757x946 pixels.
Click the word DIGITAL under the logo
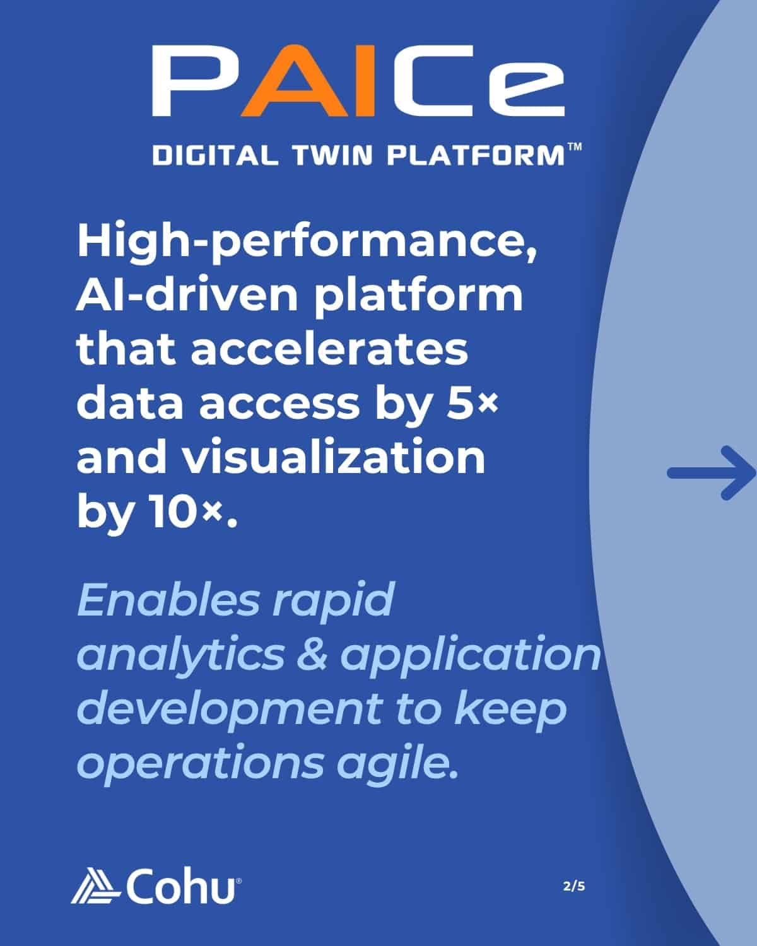pos(215,155)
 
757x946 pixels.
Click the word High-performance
pos(307,243)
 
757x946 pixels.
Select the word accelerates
pos(329,349)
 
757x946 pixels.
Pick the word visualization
pos(334,457)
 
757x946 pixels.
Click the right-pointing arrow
pos(712,473)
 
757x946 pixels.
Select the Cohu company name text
pos(180,886)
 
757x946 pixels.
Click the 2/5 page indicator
pos(574,886)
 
